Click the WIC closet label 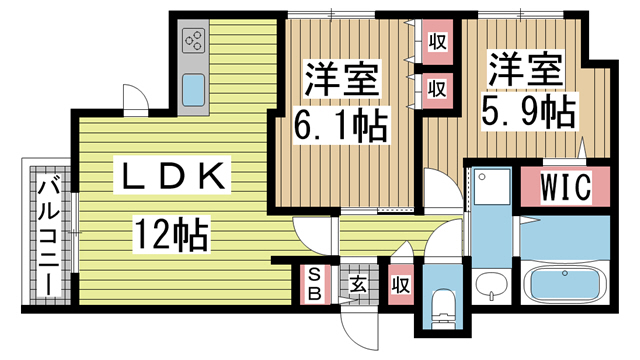coord(566,187)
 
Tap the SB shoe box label coord(313,284)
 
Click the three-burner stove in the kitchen coord(193,42)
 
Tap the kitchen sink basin coord(193,89)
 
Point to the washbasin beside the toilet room coord(490,285)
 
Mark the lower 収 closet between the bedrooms coord(436,88)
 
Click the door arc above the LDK coord(135,96)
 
